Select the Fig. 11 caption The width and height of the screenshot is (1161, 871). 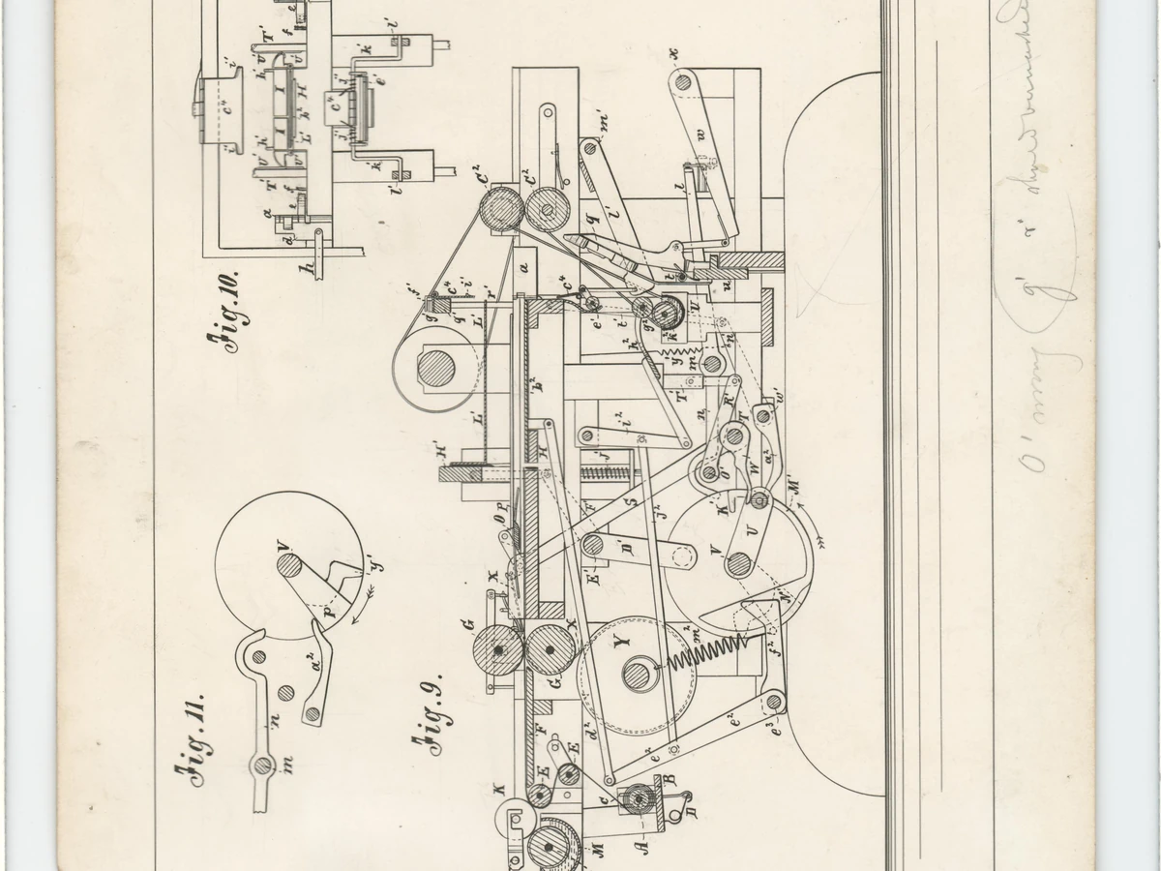coord(192,741)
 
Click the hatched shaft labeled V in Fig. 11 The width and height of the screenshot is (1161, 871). coord(288,564)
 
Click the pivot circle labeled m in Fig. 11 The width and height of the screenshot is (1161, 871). coord(262,766)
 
